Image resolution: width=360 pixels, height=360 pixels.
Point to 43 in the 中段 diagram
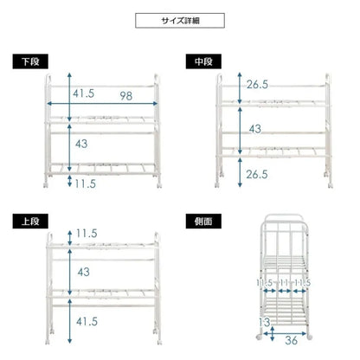(255, 129)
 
